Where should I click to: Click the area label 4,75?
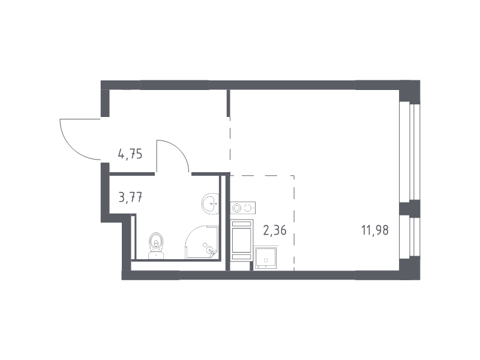point(130,154)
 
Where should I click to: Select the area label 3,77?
point(130,197)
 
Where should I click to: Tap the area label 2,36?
point(275,230)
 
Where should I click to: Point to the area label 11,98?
point(375,230)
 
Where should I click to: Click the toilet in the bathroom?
point(156,245)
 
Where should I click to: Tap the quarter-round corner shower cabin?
point(202,242)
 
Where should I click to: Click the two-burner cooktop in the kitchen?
point(243,208)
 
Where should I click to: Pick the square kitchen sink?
point(265,258)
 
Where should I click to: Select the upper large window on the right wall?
point(410,152)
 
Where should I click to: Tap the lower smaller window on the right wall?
point(410,237)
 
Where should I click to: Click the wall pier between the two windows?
point(410,208)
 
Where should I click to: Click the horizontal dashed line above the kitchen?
point(262,176)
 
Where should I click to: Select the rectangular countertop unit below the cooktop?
point(242,241)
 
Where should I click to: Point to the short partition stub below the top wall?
point(228,103)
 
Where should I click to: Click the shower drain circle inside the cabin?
point(205,245)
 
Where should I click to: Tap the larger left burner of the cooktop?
point(236,208)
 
